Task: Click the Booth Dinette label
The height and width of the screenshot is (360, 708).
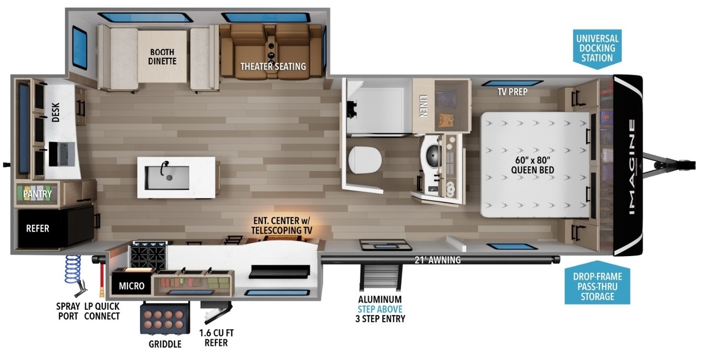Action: (162, 57)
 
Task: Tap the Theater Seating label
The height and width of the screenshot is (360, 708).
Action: (273, 66)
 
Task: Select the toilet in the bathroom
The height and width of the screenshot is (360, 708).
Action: (365, 160)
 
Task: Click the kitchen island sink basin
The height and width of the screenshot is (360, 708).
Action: (167, 178)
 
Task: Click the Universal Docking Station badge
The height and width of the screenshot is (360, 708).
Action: (597, 48)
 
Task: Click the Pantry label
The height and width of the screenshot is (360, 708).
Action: (37, 194)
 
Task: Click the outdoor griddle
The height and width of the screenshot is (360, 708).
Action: (165, 318)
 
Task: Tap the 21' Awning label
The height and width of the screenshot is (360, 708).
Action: (437, 260)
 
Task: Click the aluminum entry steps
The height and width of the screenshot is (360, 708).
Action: (381, 277)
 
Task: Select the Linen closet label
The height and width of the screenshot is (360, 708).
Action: (424, 106)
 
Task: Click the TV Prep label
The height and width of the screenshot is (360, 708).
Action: (512, 92)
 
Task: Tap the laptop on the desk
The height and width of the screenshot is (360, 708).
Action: (62, 154)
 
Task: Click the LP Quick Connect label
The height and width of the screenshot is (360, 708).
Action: (101, 311)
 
